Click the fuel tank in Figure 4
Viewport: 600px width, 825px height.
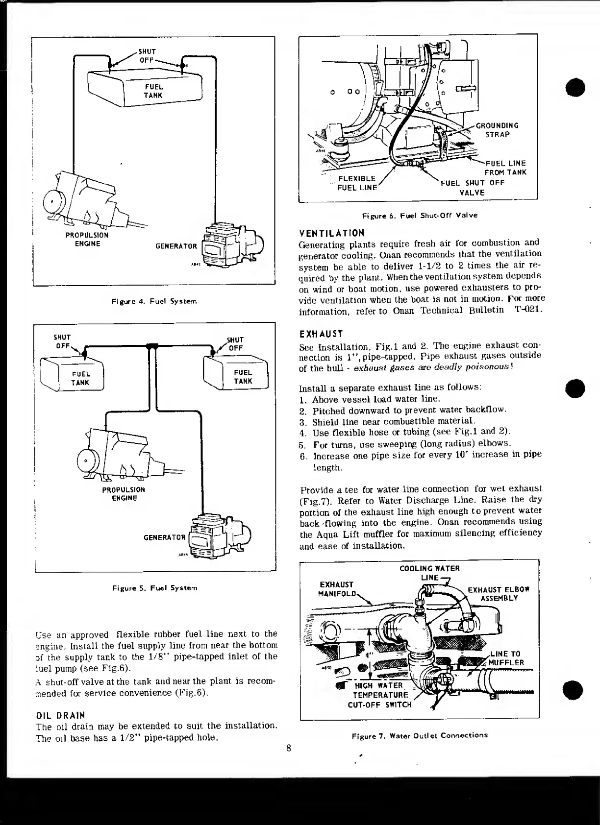146,89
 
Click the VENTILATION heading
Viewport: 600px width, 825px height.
332,233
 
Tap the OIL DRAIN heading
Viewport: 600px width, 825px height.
61,715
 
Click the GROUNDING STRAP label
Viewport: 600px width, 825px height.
497,130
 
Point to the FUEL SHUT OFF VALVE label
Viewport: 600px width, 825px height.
472,188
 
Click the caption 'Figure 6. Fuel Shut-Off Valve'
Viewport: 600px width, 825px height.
419,215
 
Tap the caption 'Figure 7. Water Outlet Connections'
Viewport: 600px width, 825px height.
420,735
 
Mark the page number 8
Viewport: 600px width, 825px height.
289,748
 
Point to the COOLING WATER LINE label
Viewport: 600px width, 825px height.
429,573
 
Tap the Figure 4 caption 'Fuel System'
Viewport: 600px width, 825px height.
154,301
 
